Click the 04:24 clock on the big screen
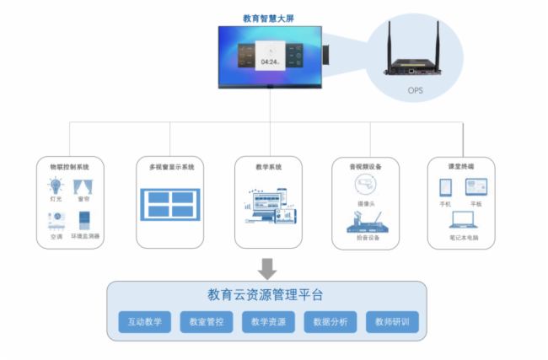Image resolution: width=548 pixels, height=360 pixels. (270, 62)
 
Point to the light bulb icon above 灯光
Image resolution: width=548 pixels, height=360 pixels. (56, 186)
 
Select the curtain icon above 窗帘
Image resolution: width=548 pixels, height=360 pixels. (83, 186)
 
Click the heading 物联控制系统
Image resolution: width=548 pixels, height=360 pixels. (69, 167)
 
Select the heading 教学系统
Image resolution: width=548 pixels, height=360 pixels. (268, 167)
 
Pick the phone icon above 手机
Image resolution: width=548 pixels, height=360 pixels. (445, 187)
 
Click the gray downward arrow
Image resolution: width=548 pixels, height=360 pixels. (267, 267)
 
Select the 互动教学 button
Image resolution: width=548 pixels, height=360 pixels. (145, 322)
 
